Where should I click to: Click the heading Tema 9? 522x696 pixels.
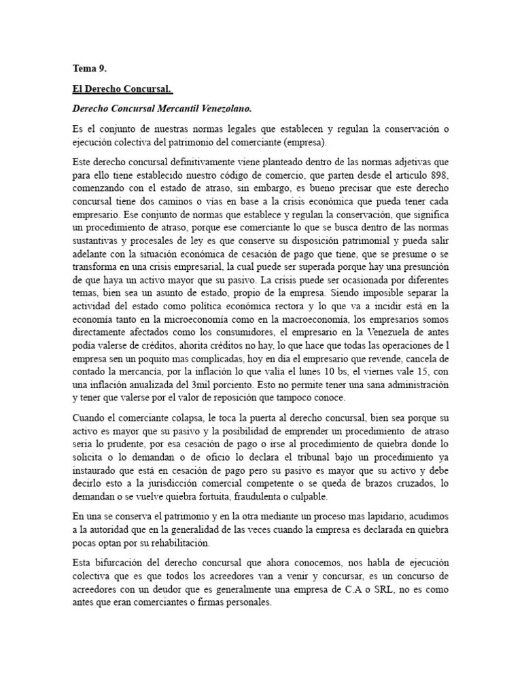[x=89, y=68]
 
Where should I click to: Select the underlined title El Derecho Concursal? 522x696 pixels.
[x=122, y=89]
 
